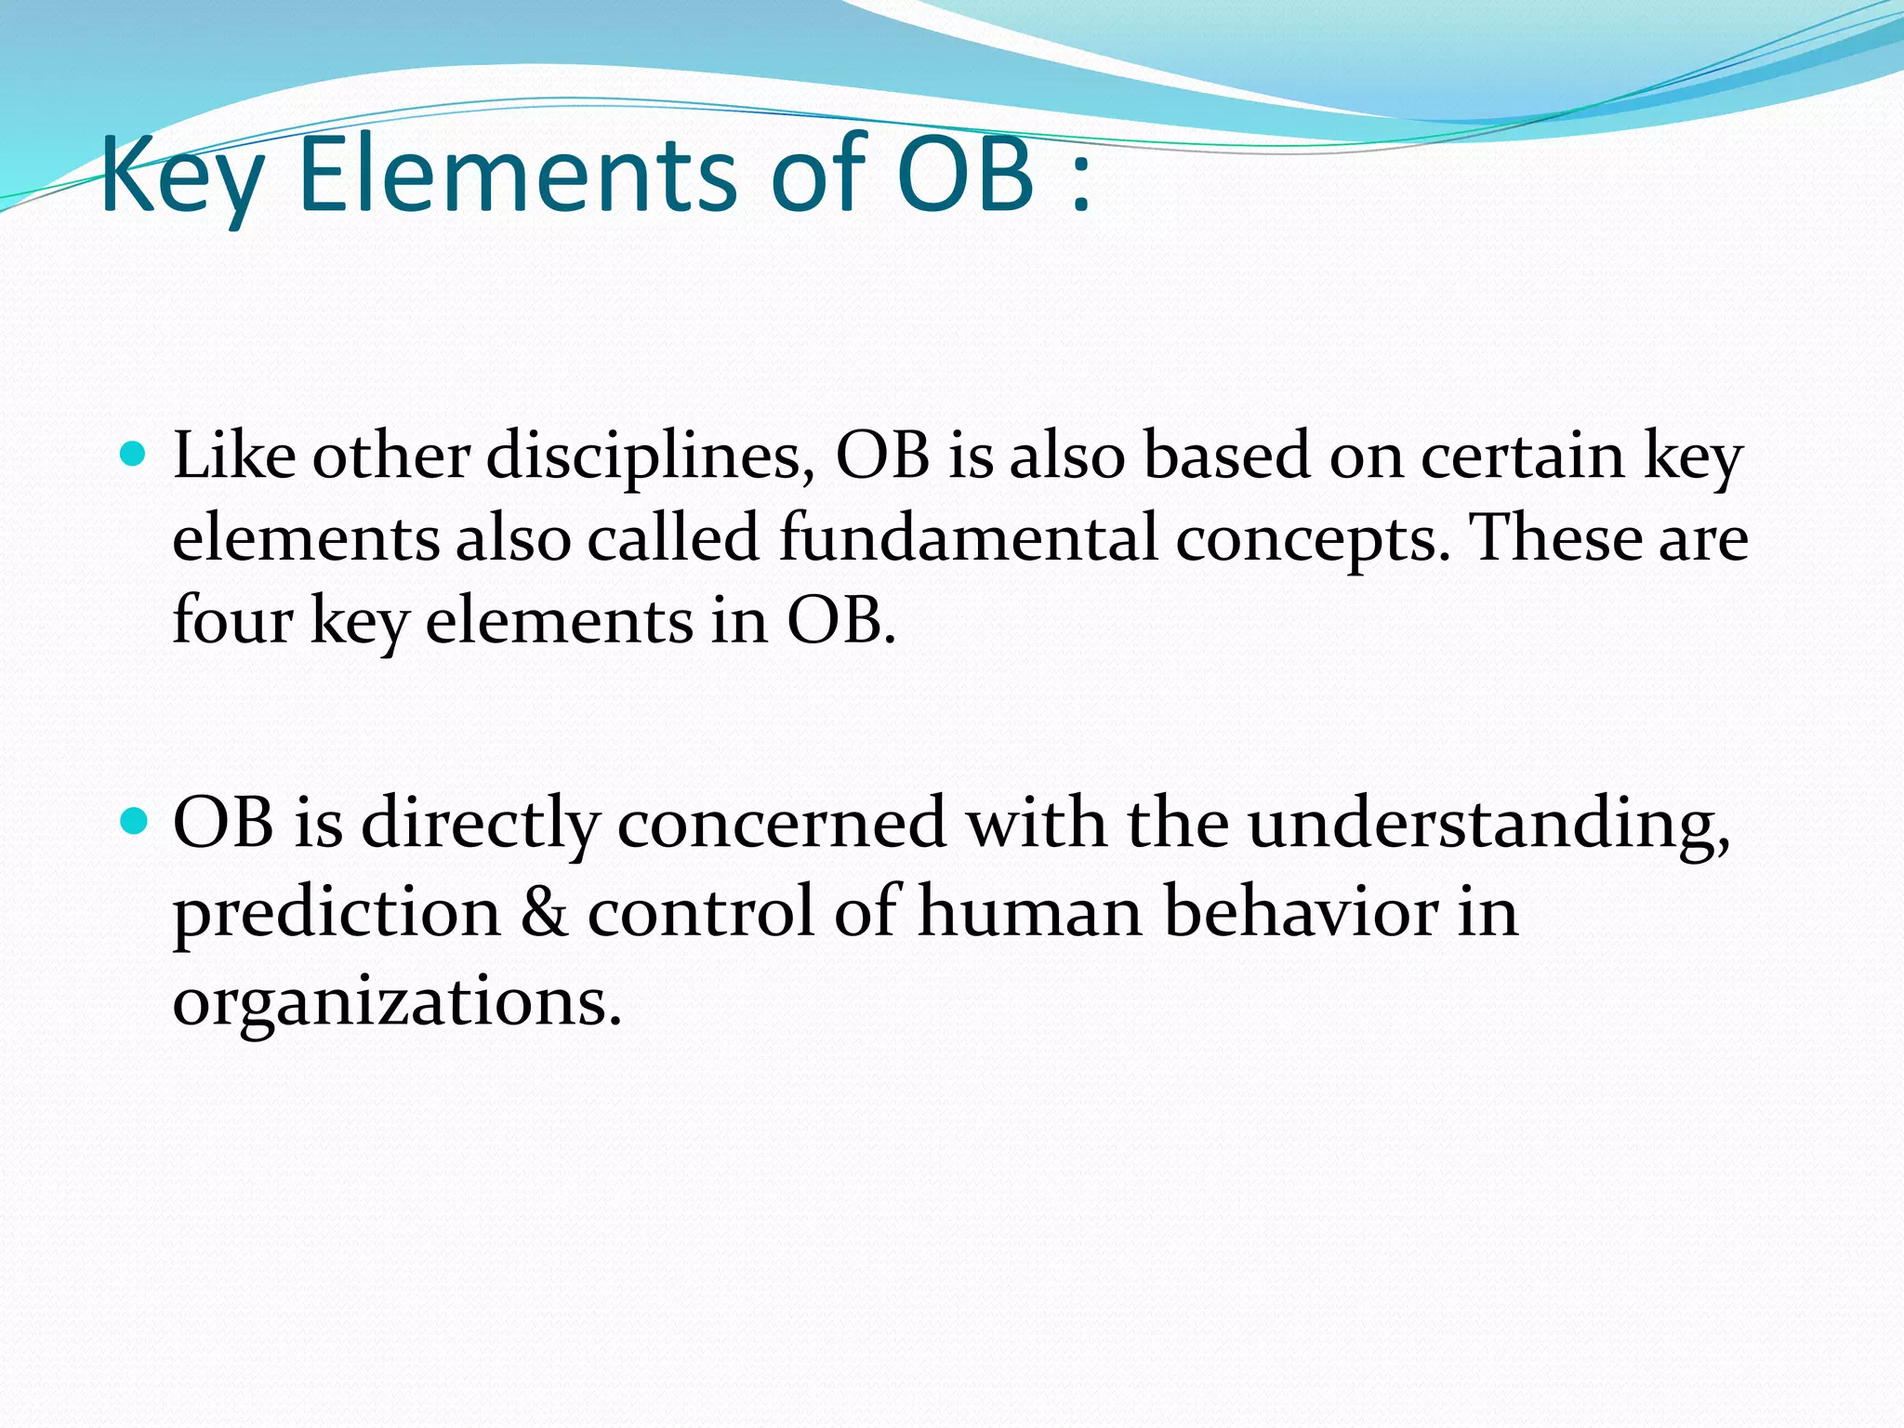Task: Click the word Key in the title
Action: (181, 177)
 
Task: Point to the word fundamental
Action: (968, 538)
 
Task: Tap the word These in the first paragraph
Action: (1554, 538)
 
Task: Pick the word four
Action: (232, 620)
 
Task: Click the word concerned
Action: (782, 824)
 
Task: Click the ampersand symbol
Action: (544, 911)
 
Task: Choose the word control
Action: (701, 911)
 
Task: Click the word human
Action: (1030, 911)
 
